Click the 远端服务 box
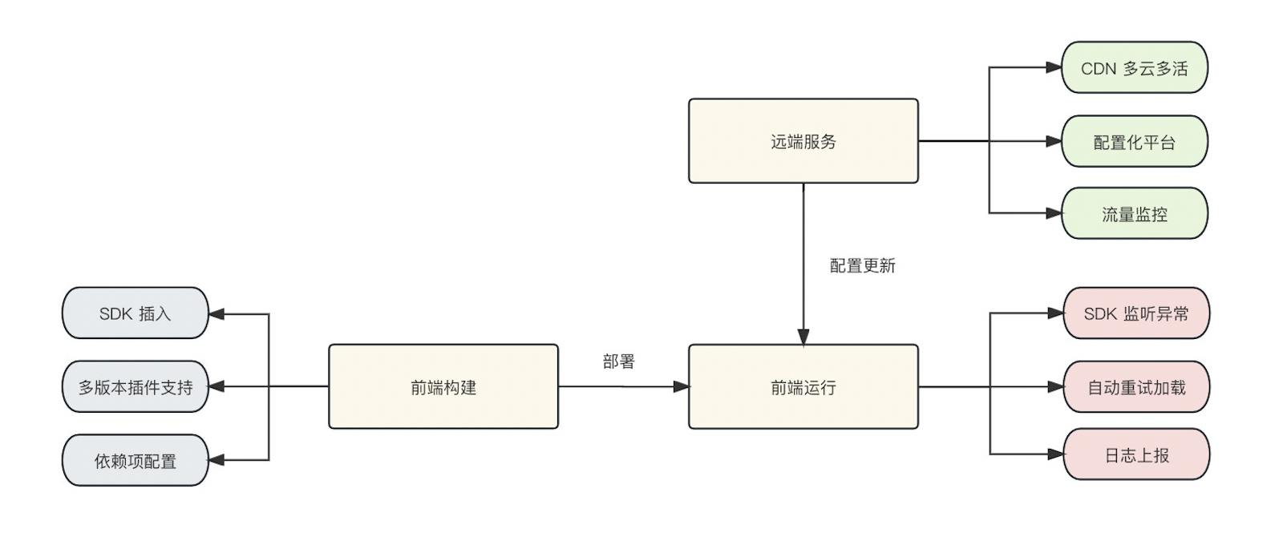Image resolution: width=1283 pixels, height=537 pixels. coord(803,141)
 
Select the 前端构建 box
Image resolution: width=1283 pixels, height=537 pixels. coord(443,387)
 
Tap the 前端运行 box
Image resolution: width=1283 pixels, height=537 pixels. coord(803,387)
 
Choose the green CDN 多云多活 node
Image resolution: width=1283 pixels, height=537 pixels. coord(1134,68)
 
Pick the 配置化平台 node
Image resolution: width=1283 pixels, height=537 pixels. coord(1134,142)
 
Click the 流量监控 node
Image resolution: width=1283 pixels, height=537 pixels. coord(1134,214)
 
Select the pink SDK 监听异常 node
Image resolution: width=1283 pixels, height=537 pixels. coord(1135,313)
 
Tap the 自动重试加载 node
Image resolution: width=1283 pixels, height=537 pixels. coord(1135,387)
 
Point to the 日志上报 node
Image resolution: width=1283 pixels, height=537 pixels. coord(1135,454)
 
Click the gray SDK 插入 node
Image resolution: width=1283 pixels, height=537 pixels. coord(135,313)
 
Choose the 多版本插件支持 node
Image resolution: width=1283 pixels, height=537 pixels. coord(135,387)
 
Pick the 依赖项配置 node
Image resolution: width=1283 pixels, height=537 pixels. coord(135,461)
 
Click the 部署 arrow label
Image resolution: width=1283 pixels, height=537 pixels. coord(618,361)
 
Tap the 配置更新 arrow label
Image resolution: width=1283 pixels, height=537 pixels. coord(862,265)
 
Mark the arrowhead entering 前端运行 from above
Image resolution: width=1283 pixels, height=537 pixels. coord(803,337)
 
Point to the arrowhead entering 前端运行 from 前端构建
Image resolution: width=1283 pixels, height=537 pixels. coord(681,387)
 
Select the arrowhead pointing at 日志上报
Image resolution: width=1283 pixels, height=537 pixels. coord(1055,454)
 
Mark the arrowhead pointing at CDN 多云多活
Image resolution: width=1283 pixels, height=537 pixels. coord(1054,68)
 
